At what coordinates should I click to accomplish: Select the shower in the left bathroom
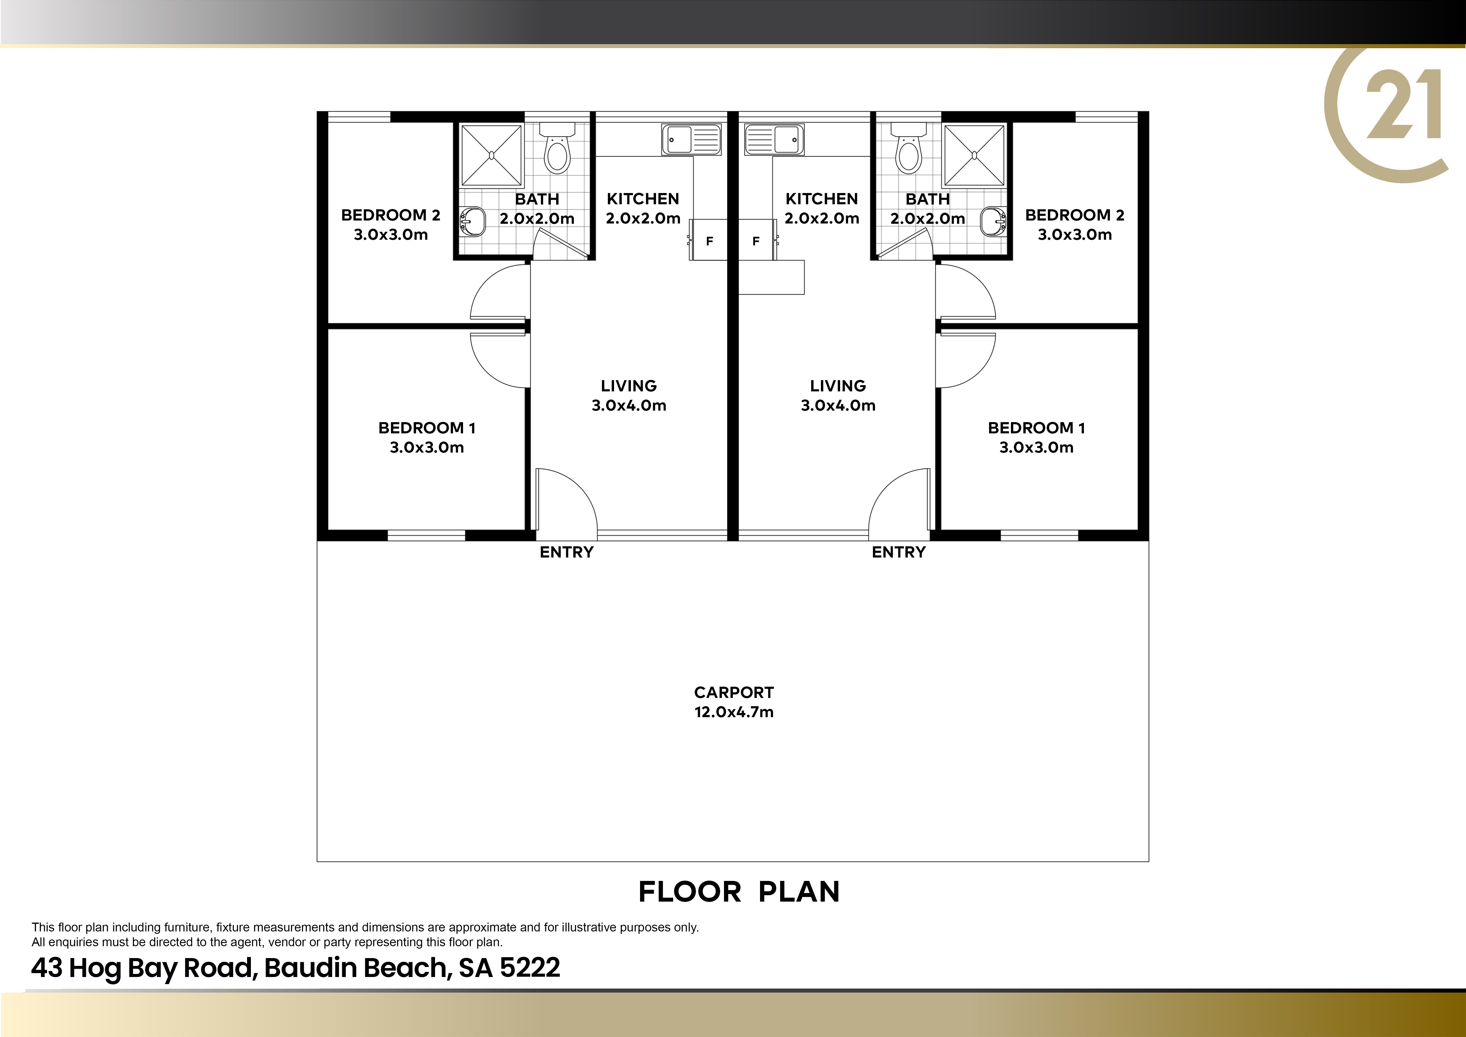pyautogui.click(x=492, y=155)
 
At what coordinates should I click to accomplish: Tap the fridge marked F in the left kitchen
pyautogui.click(x=708, y=240)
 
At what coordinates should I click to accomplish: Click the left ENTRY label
pyautogui.click(x=566, y=552)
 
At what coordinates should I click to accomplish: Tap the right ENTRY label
pyautogui.click(x=898, y=552)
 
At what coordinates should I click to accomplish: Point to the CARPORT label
pyautogui.click(x=734, y=693)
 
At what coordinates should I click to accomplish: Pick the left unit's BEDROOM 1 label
pyautogui.click(x=426, y=428)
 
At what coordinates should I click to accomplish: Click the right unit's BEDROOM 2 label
pyautogui.click(x=1074, y=215)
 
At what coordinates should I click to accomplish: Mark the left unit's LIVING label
pyautogui.click(x=628, y=386)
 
